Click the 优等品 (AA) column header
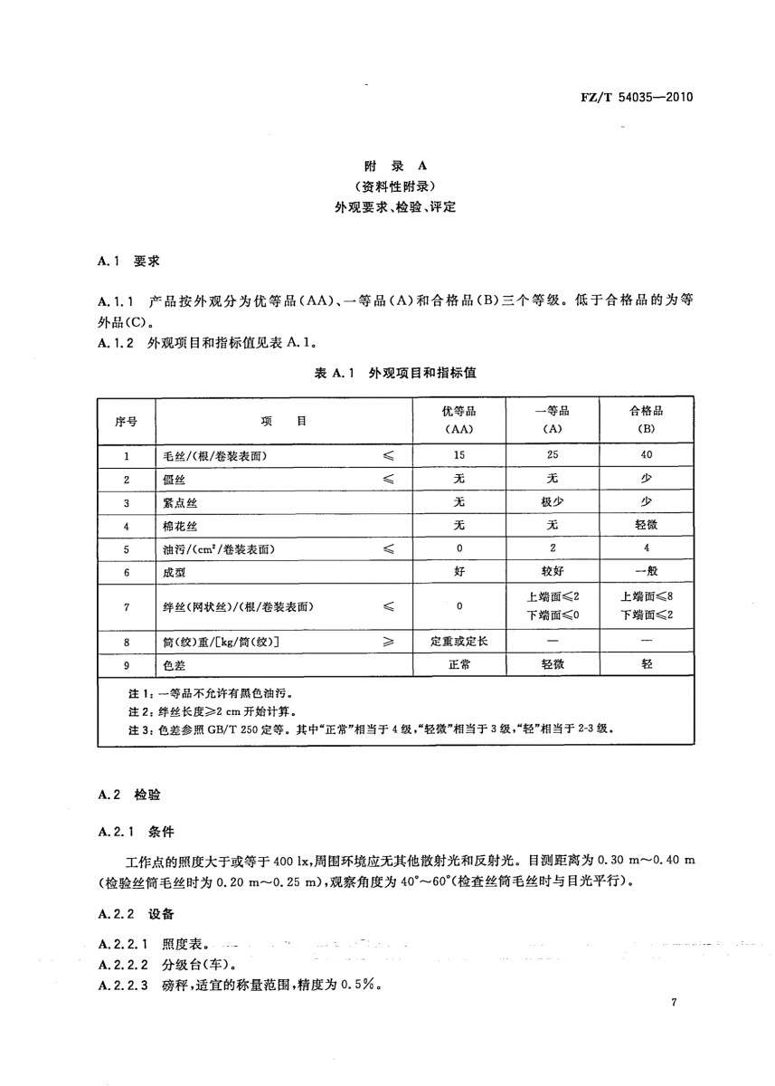coord(458,419)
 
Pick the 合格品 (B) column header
coord(646,419)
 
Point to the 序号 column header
coord(127,421)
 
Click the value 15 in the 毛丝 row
coord(458,455)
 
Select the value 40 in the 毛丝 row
coord(646,455)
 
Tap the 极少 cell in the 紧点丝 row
coord(552,502)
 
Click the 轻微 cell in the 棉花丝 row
coord(646,526)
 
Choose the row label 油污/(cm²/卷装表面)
coord(220,549)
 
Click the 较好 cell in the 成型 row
coord(552,573)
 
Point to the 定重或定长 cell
coord(458,641)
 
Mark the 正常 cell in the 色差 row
coord(458,664)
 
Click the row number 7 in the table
coord(127,607)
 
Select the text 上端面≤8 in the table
coord(646,597)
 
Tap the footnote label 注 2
coord(117,710)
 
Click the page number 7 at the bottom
coord(675,1002)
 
